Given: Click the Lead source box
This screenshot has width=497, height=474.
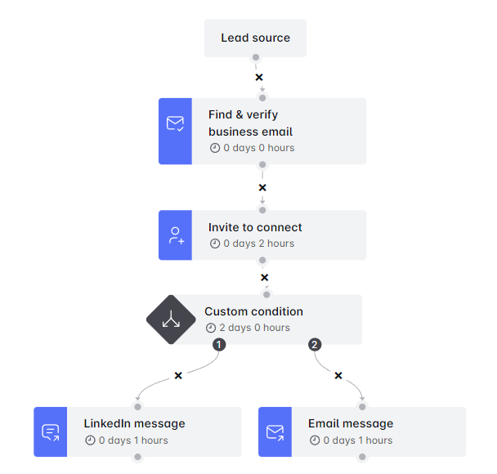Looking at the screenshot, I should [x=255, y=38].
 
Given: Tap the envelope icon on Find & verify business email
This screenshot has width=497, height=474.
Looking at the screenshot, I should [x=175, y=124].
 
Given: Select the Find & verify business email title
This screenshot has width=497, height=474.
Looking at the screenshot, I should [x=250, y=123].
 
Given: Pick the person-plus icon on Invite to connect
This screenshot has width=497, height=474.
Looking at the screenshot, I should [x=175, y=236].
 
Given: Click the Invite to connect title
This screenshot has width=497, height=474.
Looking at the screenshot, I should [x=255, y=227].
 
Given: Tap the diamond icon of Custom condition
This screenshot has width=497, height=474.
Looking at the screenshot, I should [x=172, y=320].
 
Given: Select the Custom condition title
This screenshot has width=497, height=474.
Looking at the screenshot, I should [x=253, y=311].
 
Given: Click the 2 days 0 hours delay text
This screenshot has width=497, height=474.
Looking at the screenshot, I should [x=253, y=328].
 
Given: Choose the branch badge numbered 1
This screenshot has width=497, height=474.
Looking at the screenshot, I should [x=219, y=345].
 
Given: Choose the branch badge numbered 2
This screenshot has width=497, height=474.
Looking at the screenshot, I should [x=315, y=345].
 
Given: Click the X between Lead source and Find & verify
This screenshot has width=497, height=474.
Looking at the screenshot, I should [x=259, y=78].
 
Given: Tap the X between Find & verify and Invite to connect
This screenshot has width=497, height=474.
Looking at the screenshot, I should [x=262, y=187].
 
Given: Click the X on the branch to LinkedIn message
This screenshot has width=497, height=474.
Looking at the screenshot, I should [x=178, y=375].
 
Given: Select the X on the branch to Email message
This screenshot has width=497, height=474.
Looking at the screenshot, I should [x=338, y=375].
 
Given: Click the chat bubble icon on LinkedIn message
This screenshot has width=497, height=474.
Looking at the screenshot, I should [x=51, y=432].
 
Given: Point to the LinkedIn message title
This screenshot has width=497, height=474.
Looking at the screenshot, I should [x=134, y=423].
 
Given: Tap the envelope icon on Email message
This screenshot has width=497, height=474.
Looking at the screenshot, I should [x=275, y=432].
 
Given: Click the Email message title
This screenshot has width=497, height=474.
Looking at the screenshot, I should [x=351, y=423].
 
